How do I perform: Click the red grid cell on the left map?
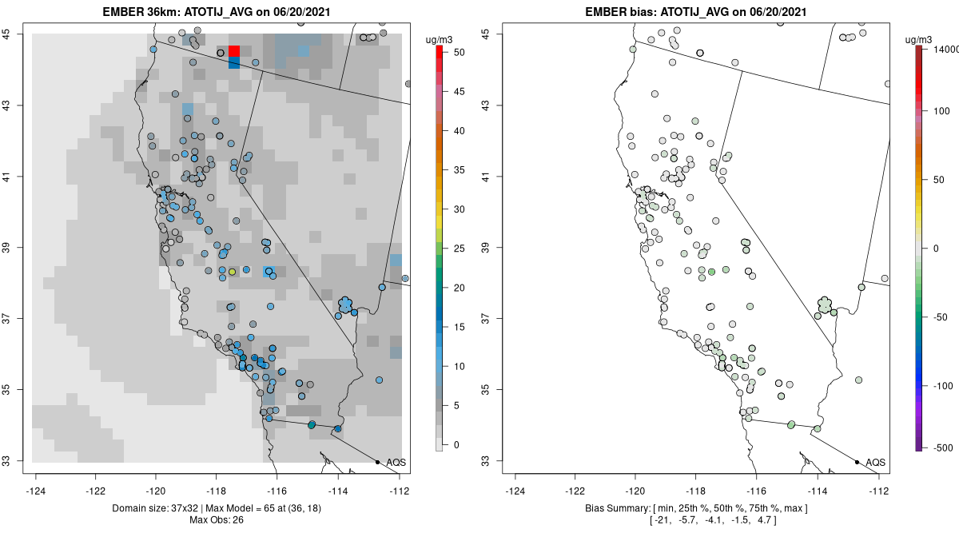pos(234,51)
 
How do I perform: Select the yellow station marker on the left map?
pos(232,272)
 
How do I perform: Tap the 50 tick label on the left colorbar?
pos(460,53)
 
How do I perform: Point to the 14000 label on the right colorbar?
pos(945,50)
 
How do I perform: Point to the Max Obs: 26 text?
pos(217,520)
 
